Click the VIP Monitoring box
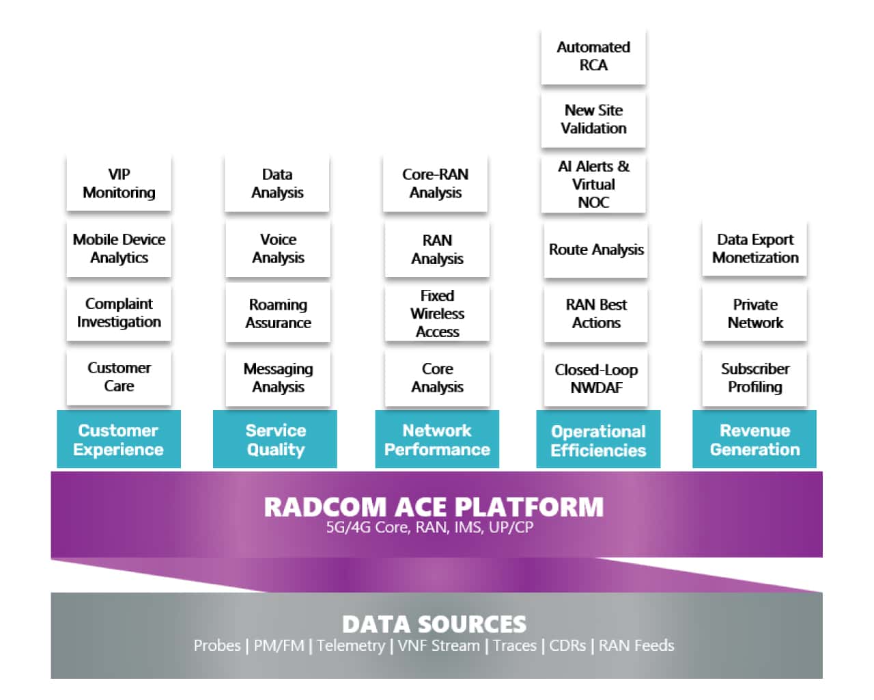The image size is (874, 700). (119, 183)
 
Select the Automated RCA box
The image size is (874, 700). (593, 56)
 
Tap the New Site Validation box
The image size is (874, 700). (593, 119)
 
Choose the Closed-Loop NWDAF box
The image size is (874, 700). (596, 378)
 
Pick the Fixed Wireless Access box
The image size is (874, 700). (437, 314)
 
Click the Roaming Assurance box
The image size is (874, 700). (278, 314)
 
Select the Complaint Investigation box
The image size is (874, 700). (119, 312)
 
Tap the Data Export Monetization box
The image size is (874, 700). (755, 249)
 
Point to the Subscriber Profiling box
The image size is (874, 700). (755, 377)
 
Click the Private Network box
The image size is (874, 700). (755, 314)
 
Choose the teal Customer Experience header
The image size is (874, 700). (118, 440)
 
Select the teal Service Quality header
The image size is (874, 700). (275, 440)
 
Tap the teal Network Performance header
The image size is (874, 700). (437, 440)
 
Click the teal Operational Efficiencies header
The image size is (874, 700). (598, 440)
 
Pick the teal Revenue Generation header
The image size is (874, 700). (755, 440)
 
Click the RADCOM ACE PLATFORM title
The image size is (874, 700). (434, 507)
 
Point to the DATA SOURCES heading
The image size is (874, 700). (434, 623)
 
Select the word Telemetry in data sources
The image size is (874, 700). (351, 645)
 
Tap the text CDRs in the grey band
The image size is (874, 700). (567, 645)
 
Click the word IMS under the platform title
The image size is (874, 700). (468, 527)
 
